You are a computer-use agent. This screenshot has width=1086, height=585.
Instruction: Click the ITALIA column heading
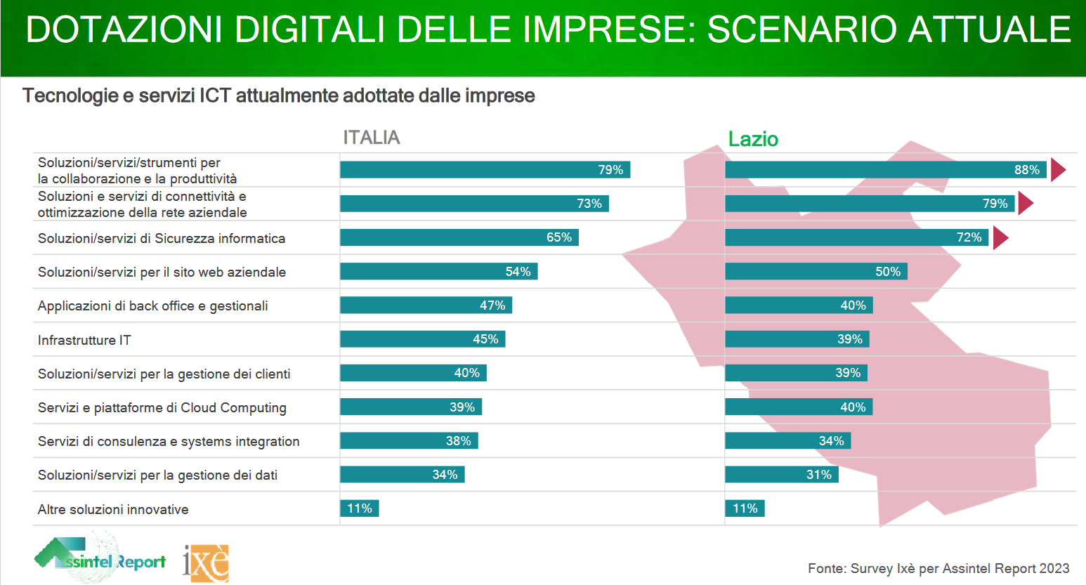point(372,138)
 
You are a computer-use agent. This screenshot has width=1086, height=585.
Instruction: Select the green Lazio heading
point(753,139)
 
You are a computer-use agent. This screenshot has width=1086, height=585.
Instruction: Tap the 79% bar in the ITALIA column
point(485,170)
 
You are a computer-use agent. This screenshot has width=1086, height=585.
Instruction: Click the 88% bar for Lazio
point(885,170)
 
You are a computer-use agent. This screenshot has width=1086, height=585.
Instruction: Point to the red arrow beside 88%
point(1058,170)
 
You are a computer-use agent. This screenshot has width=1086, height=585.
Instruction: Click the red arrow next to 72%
point(1000,238)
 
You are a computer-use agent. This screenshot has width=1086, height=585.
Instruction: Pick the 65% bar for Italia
point(459,237)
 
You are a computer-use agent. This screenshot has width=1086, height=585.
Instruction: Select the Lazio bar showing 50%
point(816,272)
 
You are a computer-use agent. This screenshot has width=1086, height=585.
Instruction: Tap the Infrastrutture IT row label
point(84,341)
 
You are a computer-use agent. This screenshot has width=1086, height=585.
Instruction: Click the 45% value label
point(485,339)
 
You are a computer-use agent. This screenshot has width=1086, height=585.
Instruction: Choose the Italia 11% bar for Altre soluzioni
point(360,508)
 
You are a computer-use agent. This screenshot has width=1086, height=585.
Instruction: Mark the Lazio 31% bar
point(781,475)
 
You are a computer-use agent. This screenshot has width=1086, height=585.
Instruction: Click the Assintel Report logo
point(100,559)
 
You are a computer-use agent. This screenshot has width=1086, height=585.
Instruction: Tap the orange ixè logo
point(207,563)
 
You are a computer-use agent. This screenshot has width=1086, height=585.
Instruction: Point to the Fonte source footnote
point(938,568)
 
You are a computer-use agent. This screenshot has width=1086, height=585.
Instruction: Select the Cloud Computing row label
point(162,408)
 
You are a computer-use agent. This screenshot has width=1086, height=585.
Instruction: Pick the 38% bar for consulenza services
point(409,441)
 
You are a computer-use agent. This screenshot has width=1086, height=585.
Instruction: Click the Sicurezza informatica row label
point(162,239)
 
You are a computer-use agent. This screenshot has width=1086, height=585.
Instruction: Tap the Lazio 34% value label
point(831,441)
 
